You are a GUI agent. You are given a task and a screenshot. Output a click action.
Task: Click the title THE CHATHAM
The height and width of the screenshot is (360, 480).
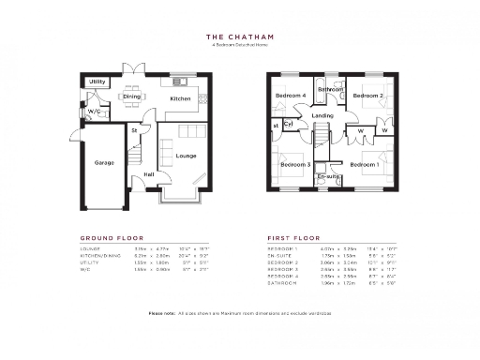coord(239,38)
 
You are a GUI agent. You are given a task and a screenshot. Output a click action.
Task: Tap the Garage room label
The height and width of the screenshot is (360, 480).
coord(103,162)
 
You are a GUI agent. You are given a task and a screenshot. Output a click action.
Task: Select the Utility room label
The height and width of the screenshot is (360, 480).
coord(97,82)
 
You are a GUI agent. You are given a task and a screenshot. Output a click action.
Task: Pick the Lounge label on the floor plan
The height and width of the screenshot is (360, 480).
coord(186,155)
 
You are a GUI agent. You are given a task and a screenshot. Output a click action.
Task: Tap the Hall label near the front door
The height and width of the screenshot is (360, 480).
coord(148,174)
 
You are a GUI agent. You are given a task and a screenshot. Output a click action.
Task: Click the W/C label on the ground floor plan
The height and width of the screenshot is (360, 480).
coord(94,112)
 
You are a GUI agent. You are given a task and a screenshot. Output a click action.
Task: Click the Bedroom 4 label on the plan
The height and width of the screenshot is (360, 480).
coord(291,96)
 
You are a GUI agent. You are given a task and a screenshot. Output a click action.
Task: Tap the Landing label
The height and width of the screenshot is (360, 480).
coord(322,115)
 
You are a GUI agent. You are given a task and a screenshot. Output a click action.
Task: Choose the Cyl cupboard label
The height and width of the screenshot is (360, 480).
coord(289,124)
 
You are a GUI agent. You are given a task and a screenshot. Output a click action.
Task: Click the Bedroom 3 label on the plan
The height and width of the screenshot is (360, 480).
coord(295,165)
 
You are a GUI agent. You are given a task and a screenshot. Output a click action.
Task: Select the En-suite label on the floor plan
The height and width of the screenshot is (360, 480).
coord(327,176)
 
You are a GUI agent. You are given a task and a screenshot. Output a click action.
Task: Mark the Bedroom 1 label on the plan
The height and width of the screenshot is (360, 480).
coord(365,165)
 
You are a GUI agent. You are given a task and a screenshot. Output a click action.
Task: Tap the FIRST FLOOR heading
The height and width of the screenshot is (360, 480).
coord(293,238)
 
